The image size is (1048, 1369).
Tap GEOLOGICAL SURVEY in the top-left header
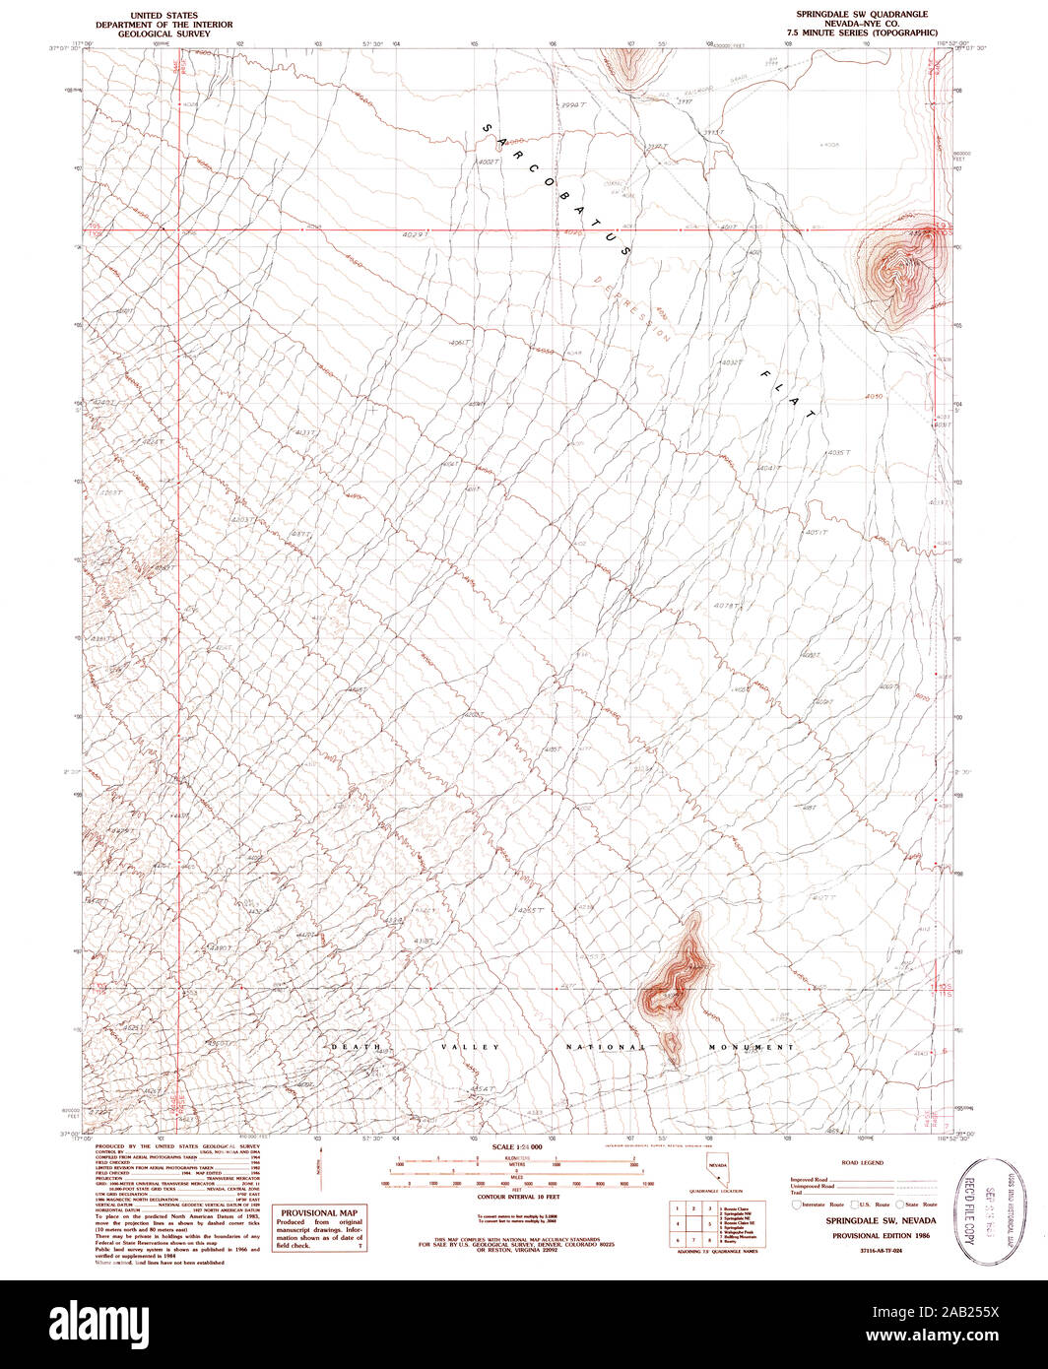point(164,33)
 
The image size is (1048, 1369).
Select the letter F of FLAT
point(763,373)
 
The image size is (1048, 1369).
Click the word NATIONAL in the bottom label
point(605,1046)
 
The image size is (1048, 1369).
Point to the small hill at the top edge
point(631,64)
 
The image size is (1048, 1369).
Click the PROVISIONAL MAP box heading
point(319,1212)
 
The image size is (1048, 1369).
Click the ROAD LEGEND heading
point(863,1162)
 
